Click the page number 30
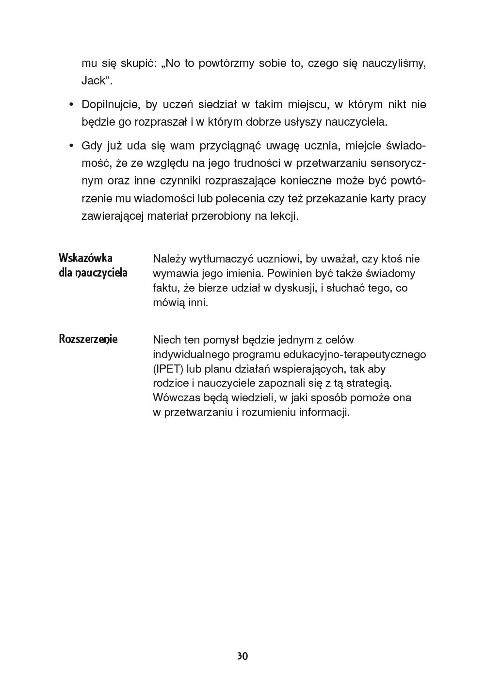[x=242, y=656]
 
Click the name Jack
[x=94, y=81]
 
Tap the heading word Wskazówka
[x=85, y=257]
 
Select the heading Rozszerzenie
[x=88, y=339]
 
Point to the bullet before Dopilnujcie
[x=71, y=105]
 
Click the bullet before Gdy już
[x=71, y=146]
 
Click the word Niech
[x=167, y=340]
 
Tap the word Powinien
[x=288, y=273]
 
